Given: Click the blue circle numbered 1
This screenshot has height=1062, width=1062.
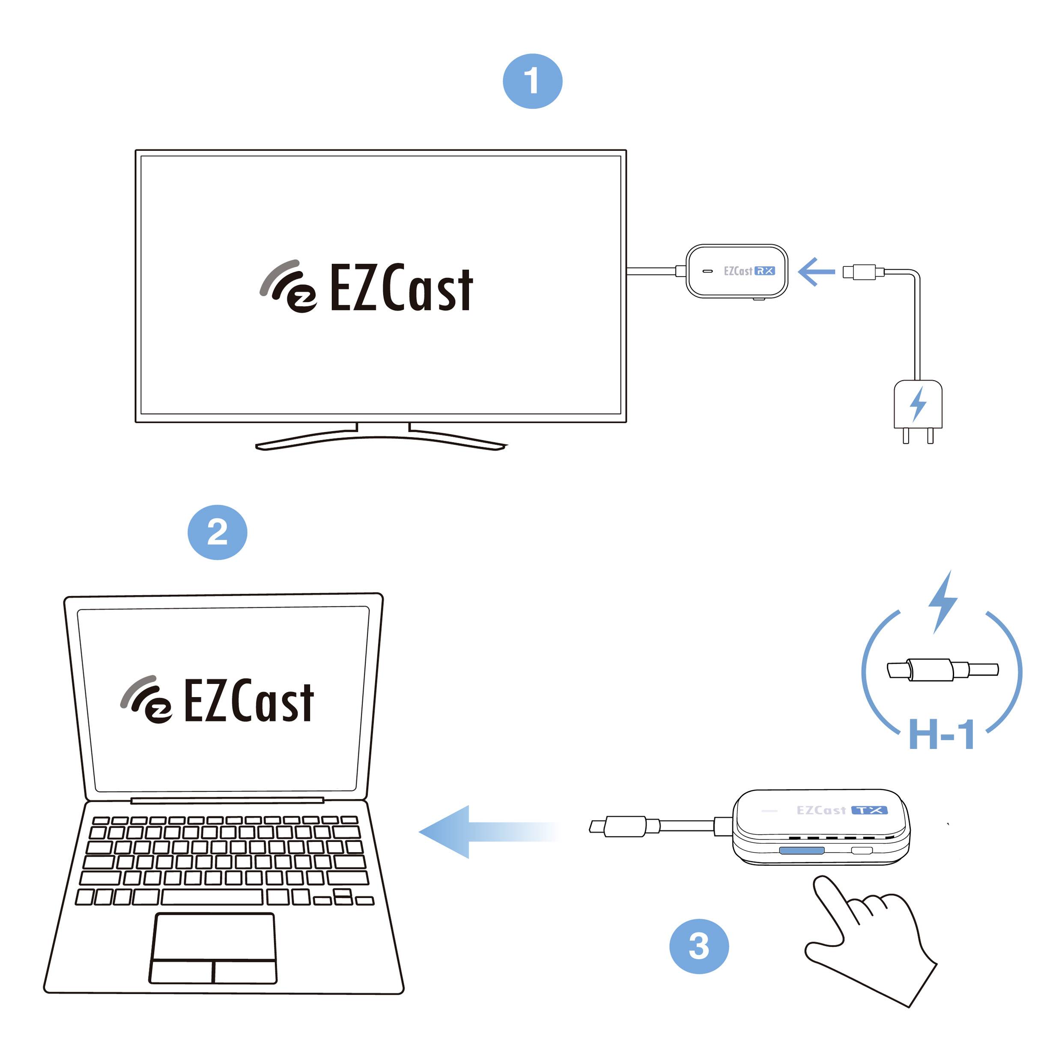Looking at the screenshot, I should pyautogui.click(x=532, y=81).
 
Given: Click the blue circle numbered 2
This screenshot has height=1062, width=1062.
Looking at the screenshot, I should pyautogui.click(x=217, y=532).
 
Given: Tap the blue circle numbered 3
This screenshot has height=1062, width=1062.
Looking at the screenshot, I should pyautogui.click(x=699, y=946).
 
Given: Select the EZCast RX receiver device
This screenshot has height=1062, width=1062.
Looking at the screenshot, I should pyautogui.click(x=737, y=271).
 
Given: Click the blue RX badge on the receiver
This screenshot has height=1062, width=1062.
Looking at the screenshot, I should pyautogui.click(x=765, y=271).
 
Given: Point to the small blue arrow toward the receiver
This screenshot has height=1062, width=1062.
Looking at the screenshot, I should pyautogui.click(x=816, y=271).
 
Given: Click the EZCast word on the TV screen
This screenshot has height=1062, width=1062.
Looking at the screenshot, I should pyautogui.click(x=401, y=288).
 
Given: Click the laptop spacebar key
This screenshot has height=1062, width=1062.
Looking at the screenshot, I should pyautogui.click(x=212, y=897).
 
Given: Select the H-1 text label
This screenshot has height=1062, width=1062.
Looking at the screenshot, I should pyautogui.click(x=942, y=735).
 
